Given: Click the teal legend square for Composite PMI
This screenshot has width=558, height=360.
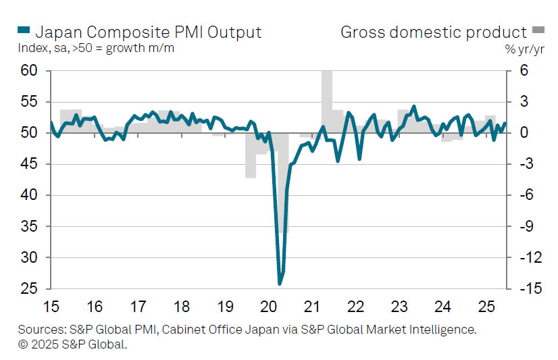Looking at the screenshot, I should click(24, 31).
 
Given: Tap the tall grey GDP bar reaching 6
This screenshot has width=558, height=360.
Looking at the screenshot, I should click(326, 101).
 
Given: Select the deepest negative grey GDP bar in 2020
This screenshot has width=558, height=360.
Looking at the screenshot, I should click(282, 203).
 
